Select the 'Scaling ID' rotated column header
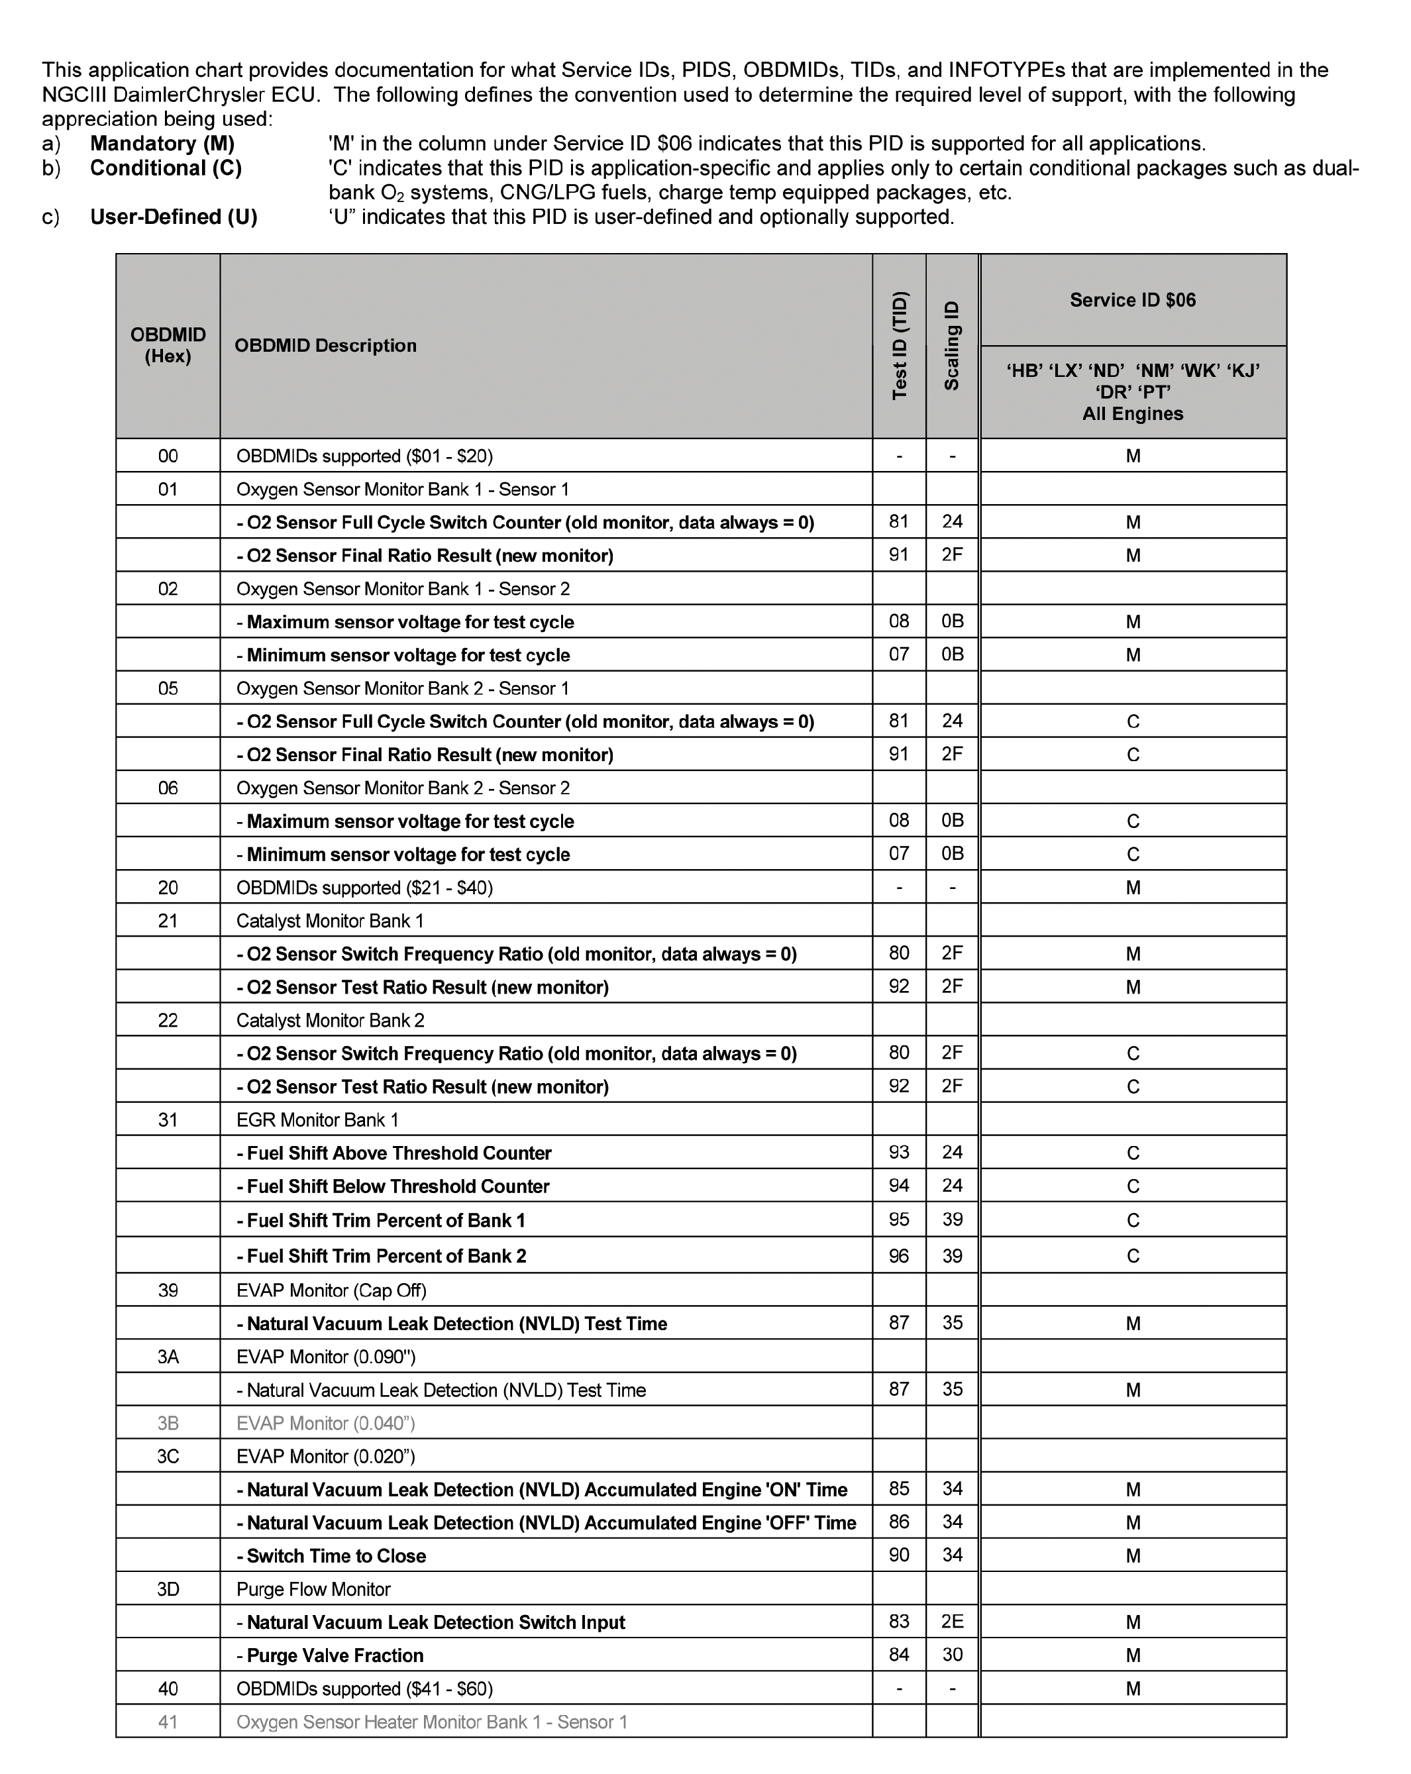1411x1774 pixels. click(x=952, y=346)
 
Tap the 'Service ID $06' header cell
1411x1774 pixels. click(x=1132, y=300)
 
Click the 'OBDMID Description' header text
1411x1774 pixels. click(x=326, y=346)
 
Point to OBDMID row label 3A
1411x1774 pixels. click(x=168, y=1357)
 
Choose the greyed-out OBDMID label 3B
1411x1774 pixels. click(x=168, y=1424)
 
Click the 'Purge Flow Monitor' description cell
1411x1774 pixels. click(x=313, y=1590)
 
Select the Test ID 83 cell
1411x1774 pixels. click(x=899, y=1622)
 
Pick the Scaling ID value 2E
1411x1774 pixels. click(x=952, y=1622)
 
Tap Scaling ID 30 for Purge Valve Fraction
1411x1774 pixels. click(x=952, y=1655)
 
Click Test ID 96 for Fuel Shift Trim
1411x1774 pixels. click(x=899, y=1255)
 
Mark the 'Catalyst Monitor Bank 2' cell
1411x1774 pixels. click(x=330, y=1020)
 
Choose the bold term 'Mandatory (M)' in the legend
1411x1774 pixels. click(x=162, y=143)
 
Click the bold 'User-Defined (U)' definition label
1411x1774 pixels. click(x=174, y=217)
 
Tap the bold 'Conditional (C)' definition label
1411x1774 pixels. click(x=166, y=168)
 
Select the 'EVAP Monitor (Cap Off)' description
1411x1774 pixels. click(x=332, y=1290)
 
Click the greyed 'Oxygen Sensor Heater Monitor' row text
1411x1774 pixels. click(x=431, y=1722)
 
